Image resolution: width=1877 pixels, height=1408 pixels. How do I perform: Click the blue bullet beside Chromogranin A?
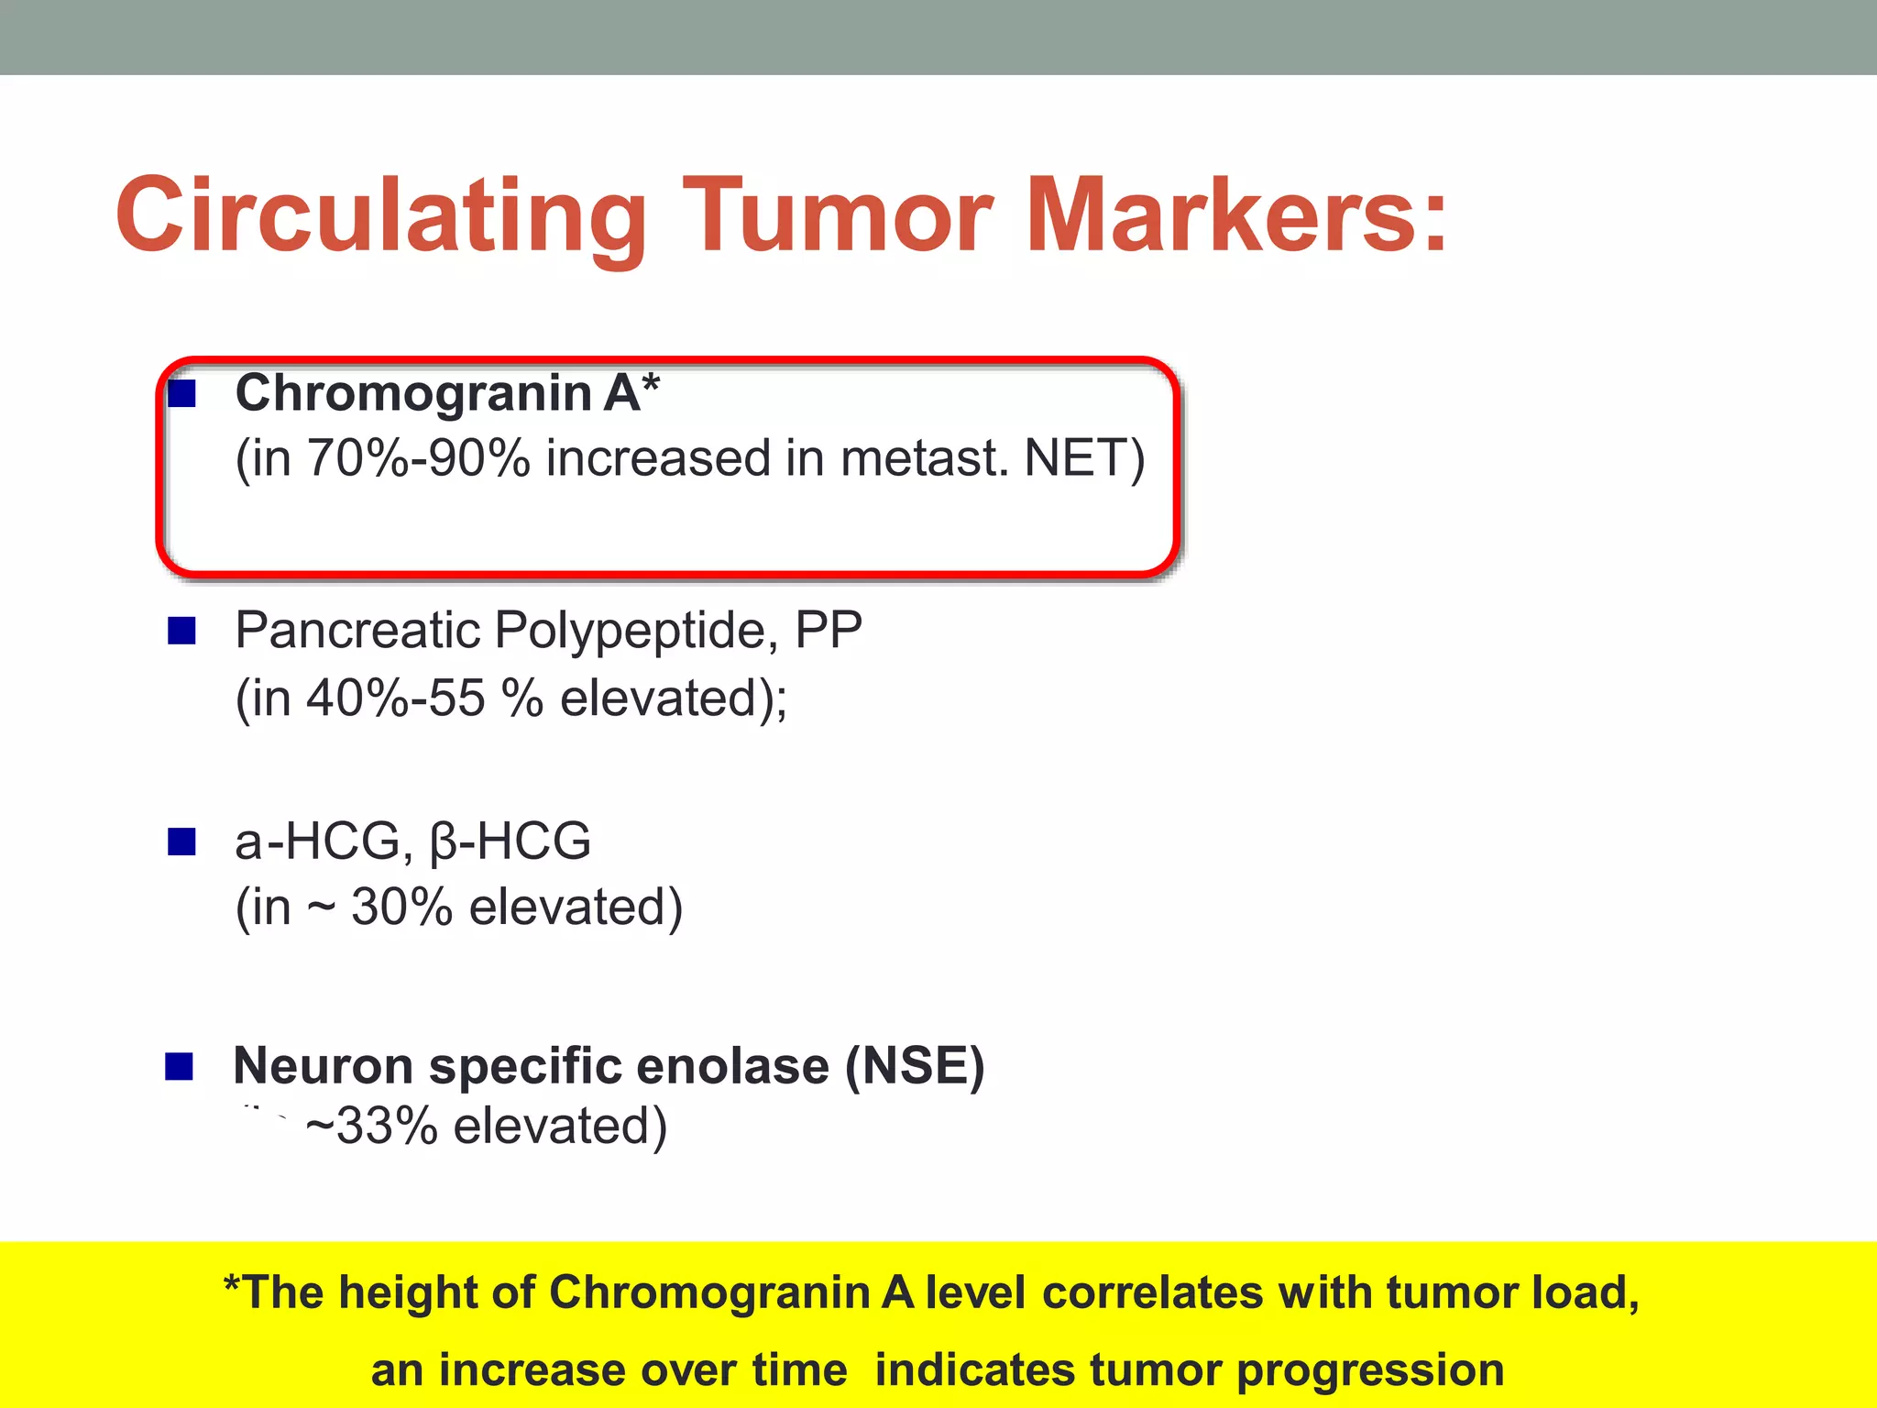[x=182, y=394]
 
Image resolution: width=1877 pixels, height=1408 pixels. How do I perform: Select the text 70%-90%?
[x=418, y=458]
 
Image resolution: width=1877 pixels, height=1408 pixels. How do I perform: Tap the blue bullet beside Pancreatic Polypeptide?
[x=182, y=631]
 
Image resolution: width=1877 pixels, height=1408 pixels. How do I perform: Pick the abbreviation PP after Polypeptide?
[x=829, y=631]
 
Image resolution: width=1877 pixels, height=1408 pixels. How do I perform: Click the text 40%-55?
[x=395, y=698]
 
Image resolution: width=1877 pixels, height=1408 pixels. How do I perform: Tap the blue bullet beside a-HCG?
[x=182, y=841]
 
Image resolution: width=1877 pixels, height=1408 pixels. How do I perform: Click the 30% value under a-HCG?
[x=401, y=907]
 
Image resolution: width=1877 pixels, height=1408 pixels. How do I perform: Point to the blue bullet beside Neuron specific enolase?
[x=180, y=1066]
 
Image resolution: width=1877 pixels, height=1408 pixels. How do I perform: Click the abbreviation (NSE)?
[x=914, y=1066]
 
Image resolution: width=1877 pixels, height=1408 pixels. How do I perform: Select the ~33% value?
[x=371, y=1127]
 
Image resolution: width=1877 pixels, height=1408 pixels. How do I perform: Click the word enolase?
[x=732, y=1066]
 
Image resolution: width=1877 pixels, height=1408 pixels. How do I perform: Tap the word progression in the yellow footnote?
[x=1370, y=1370]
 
